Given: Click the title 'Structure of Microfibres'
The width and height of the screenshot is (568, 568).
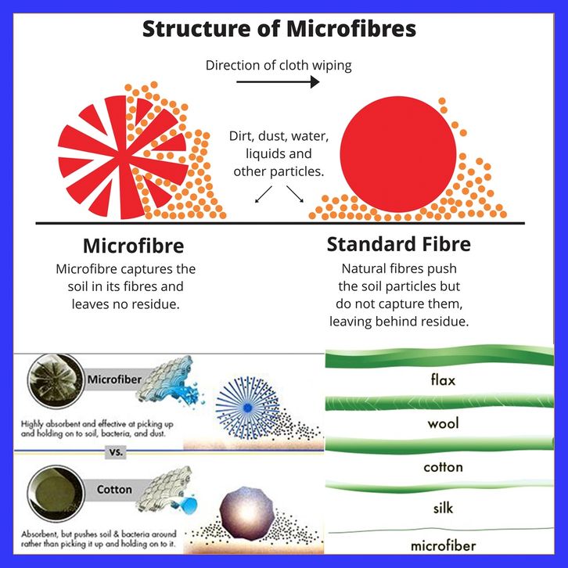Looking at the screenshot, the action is pos(279,30).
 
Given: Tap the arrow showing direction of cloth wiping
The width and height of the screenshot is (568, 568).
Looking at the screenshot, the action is pos(278,81).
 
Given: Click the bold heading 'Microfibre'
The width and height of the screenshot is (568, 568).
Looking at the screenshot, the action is pos(133,246).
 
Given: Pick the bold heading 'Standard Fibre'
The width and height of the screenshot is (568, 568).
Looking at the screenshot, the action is pos(398,244).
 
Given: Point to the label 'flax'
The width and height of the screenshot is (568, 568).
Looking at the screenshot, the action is pos(443,381).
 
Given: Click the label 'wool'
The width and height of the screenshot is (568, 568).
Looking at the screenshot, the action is pos(443,424).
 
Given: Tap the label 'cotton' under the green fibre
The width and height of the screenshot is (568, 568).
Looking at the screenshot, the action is pos(443,467).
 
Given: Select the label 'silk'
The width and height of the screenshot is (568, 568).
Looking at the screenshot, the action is pos(443,508).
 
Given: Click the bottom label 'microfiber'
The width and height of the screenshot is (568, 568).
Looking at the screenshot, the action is pos(443,545).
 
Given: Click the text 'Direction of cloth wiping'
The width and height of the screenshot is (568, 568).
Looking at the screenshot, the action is pos(279,65).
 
